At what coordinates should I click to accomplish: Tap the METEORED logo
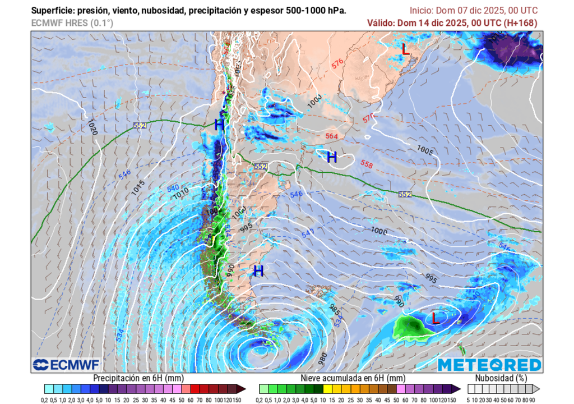coord(489,365)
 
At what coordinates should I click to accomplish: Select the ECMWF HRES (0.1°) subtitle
coord(72,23)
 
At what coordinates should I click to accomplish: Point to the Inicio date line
coord(473,11)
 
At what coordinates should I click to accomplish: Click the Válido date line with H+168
coord(452,23)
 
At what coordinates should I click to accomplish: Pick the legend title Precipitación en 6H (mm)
coord(138,378)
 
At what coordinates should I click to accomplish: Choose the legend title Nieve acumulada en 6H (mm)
coord(353,378)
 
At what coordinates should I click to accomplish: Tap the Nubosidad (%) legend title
coord(502,378)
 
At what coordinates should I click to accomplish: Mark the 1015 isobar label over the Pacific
coord(138,189)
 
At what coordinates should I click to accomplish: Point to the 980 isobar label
coord(321,357)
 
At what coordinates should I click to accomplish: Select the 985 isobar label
coord(335,309)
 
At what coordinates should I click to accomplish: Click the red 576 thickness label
coord(337,65)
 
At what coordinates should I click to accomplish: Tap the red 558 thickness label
coord(367,165)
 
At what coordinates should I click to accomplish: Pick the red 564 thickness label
coord(332,136)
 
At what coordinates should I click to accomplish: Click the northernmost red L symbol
coord(406,49)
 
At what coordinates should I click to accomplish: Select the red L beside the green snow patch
coord(436,318)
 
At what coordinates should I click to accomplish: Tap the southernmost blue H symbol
coord(258,272)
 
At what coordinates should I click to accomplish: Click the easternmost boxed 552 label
coord(405,194)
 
